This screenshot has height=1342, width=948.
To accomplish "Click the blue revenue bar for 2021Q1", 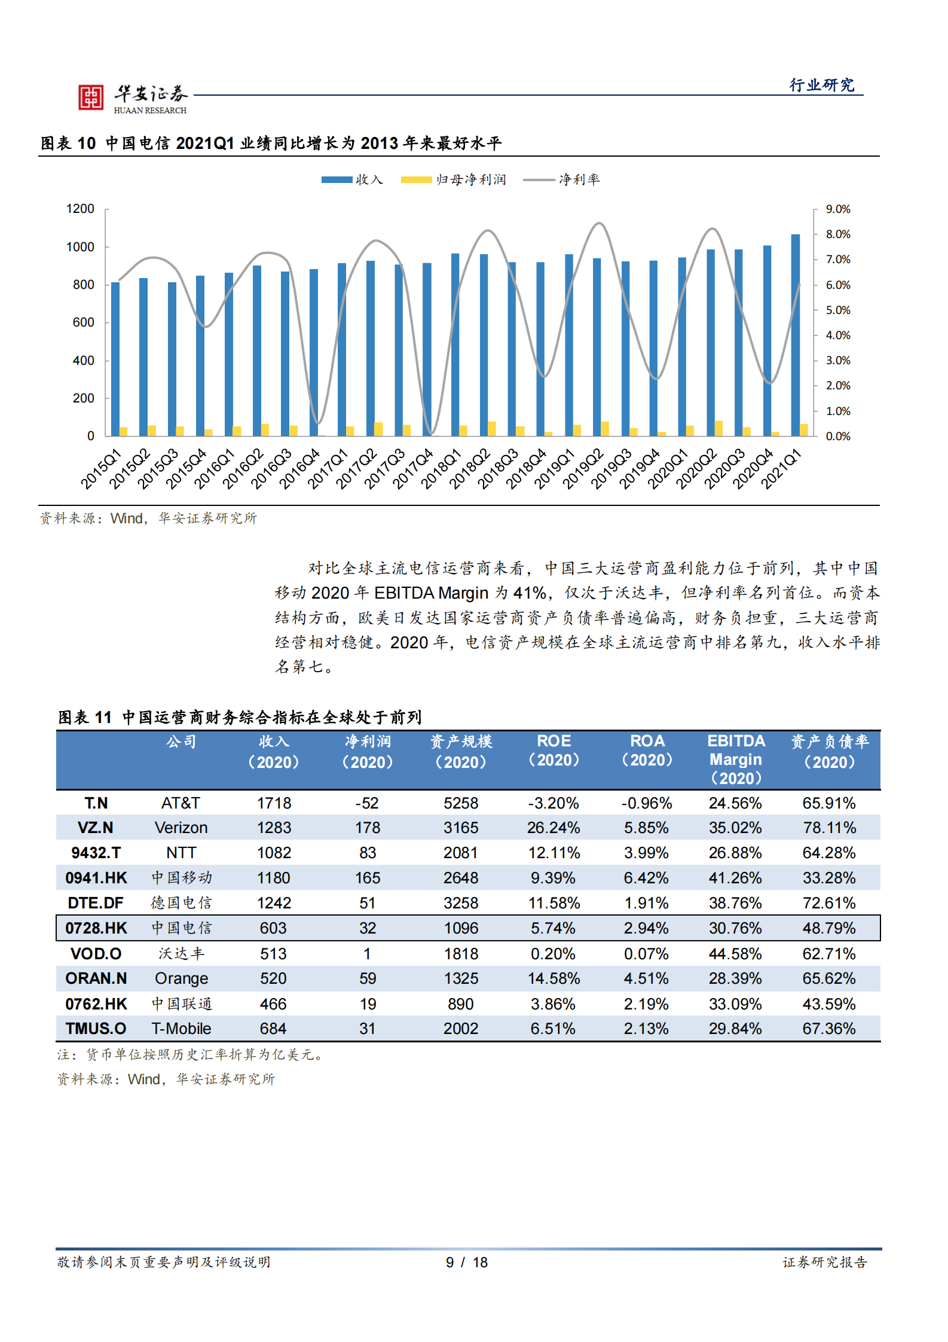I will pyautogui.click(x=795, y=335).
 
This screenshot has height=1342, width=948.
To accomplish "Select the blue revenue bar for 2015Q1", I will pyautogui.click(x=115, y=359).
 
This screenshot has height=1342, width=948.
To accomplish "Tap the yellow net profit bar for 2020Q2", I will pyautogui.click(x=718, y=428).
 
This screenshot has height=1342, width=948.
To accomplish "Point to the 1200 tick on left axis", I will pyautogui.click(x=80, y=209).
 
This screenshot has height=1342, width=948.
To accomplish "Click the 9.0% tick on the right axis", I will pyautogui.click(x=837, y=209).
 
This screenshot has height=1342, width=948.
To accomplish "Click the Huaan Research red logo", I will pyautogui.click(x=91, y=97).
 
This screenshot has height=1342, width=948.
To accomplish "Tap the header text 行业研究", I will pyautogui.click(x=822, y=85).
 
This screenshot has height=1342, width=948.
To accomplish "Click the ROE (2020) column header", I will pyautogui.click(x=553, y=751).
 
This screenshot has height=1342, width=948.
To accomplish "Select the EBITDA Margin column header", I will pyautogui.click(x=736, y=760).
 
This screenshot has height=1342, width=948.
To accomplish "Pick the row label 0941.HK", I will pyautogui.click(x=96, y=878).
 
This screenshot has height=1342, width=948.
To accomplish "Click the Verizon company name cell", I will pyautogui.click(x=181, y=828).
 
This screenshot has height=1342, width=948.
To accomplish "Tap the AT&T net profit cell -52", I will pyautogui.click(x=367, y=803).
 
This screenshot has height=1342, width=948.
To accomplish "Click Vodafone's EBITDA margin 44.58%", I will pyautogui.click(x=735, y=954).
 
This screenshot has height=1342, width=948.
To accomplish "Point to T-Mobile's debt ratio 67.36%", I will pyautogui.click(x=828, y=1029).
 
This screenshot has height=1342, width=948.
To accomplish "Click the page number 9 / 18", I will pyautogui.click(x=467, y=1262).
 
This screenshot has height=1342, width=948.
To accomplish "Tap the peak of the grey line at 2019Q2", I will pyautogui.click(x=599, y=224).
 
